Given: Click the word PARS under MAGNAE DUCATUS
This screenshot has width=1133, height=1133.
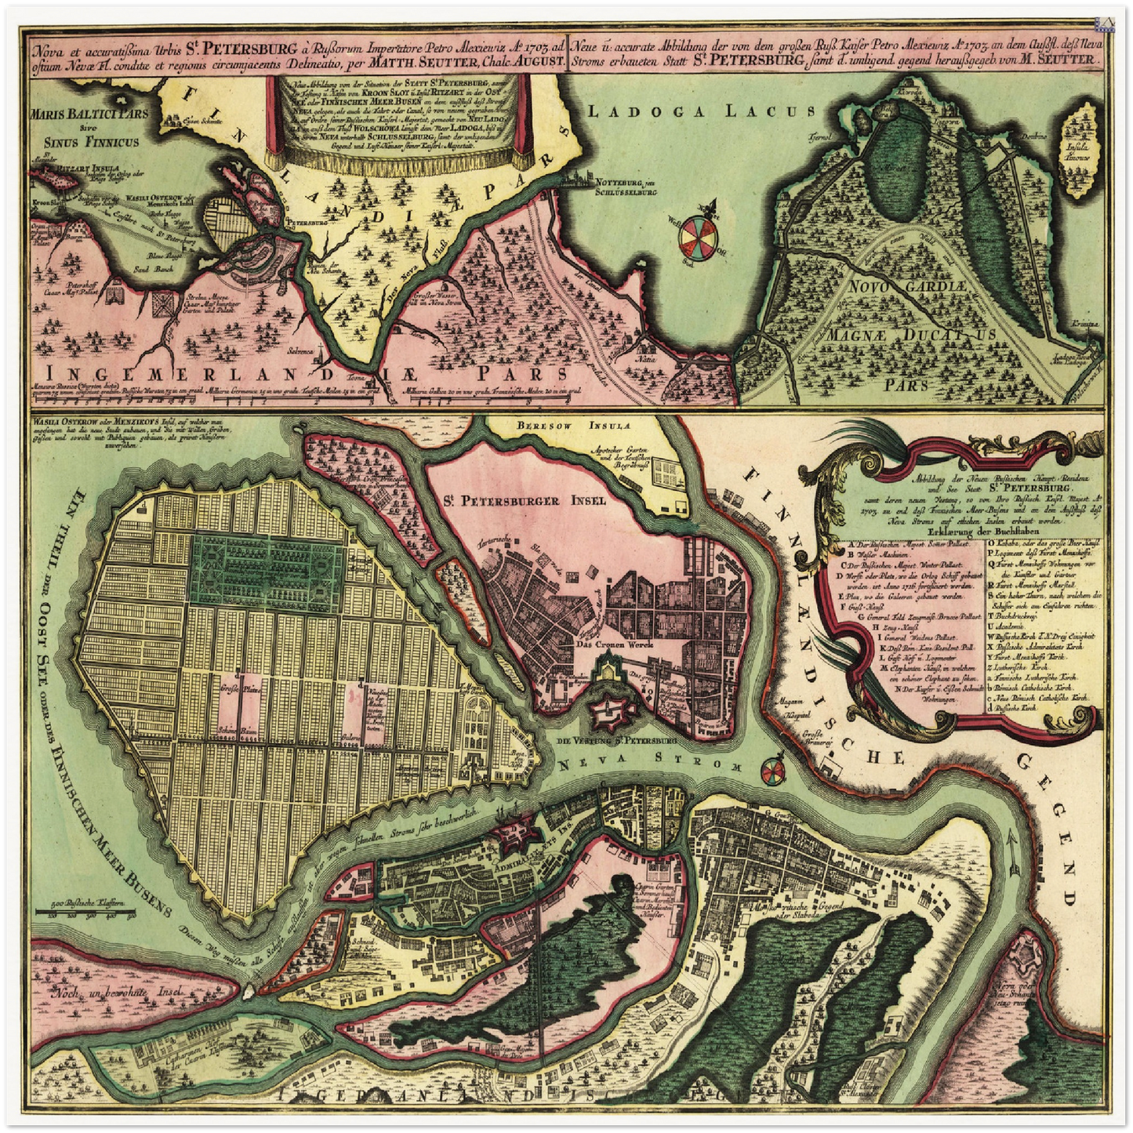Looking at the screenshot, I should click(x=905, y=384).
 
